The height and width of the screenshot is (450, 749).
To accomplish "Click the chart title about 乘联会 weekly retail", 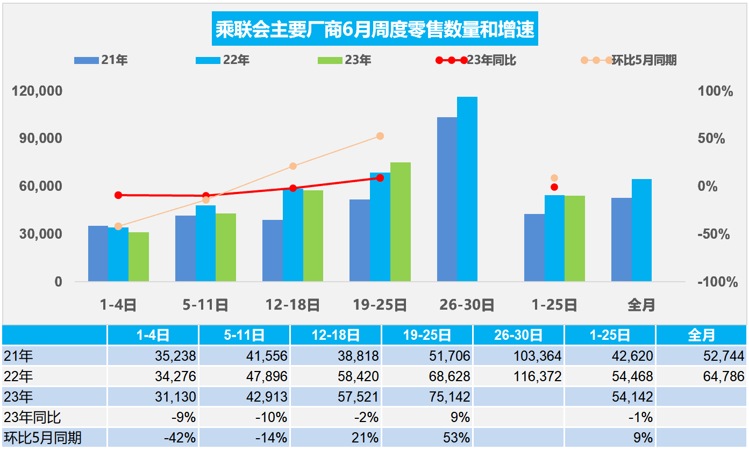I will [375, 30].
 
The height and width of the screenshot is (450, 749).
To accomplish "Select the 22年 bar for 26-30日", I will [467, 189].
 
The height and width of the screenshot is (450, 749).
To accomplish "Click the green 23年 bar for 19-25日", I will [400, 222].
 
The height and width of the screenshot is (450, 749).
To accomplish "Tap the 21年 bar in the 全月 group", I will [622, 239].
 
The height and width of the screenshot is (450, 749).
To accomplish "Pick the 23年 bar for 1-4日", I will [139, 256].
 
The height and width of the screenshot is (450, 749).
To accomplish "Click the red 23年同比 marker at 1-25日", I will [554, 187].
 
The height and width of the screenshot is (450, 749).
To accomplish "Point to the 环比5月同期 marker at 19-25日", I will [380, 136].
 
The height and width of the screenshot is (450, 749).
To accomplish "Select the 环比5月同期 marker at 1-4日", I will [118, 226].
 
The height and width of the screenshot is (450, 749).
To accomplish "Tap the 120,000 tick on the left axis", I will [37, 91].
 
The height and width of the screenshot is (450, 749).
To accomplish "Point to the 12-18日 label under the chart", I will [293, 305].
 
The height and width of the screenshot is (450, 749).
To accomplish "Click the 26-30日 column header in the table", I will [518, 335].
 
